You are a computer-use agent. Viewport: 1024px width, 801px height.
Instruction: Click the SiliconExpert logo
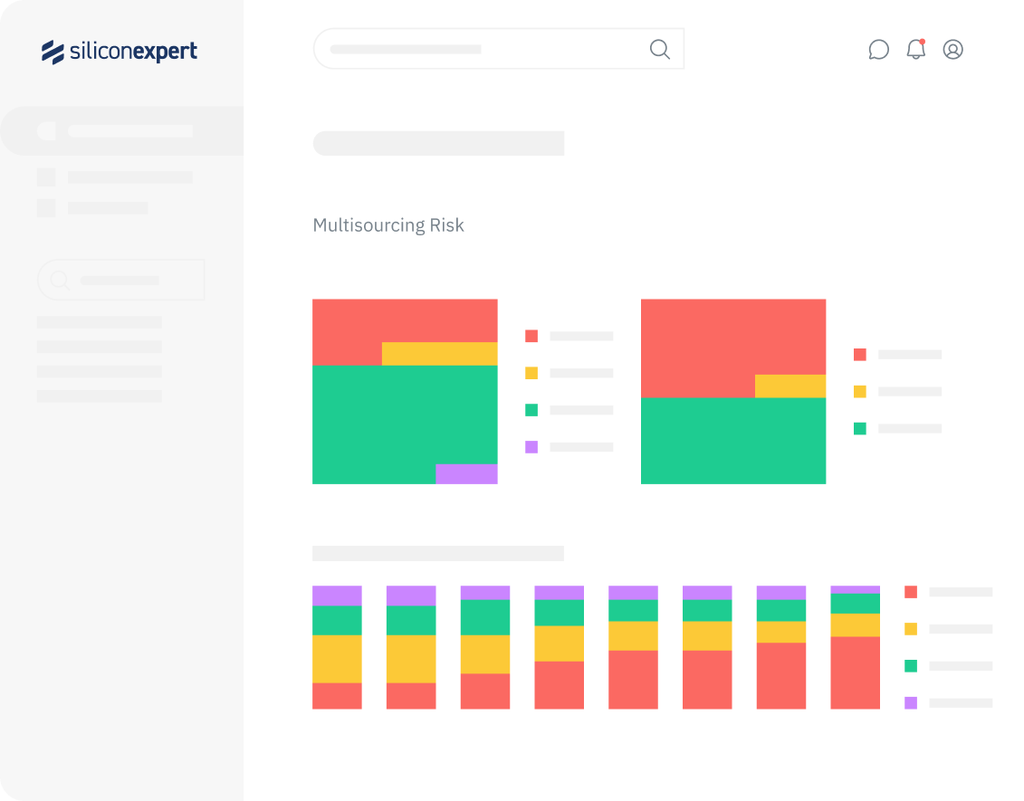120,52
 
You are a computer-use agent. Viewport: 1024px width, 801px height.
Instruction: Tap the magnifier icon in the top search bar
660,49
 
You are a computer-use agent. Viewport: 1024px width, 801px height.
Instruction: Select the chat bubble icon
878,50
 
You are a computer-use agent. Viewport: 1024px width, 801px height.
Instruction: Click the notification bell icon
916,50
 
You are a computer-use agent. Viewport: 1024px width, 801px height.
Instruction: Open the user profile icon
952,50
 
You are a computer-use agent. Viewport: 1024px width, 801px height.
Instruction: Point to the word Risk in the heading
447,225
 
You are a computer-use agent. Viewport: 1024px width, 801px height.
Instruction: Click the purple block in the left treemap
466,474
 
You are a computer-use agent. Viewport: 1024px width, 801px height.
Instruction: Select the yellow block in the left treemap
439,354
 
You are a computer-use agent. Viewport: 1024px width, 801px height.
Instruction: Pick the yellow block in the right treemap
790,386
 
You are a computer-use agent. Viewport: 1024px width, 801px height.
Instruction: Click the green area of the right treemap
732,441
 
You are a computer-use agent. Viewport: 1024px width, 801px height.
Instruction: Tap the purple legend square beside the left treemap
531,447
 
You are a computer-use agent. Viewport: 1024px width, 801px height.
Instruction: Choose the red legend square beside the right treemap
860,355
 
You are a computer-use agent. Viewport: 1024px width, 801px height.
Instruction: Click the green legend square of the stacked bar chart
911,666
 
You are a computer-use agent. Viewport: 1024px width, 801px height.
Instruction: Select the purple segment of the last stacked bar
855,589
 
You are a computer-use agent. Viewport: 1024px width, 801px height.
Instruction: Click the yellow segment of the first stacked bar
337,659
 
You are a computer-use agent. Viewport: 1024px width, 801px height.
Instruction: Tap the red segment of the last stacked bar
855,672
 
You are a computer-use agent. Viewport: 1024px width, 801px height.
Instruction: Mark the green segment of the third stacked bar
484,617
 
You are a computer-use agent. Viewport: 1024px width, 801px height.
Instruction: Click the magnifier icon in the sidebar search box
59,281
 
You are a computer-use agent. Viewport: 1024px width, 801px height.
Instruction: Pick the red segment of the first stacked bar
337,696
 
